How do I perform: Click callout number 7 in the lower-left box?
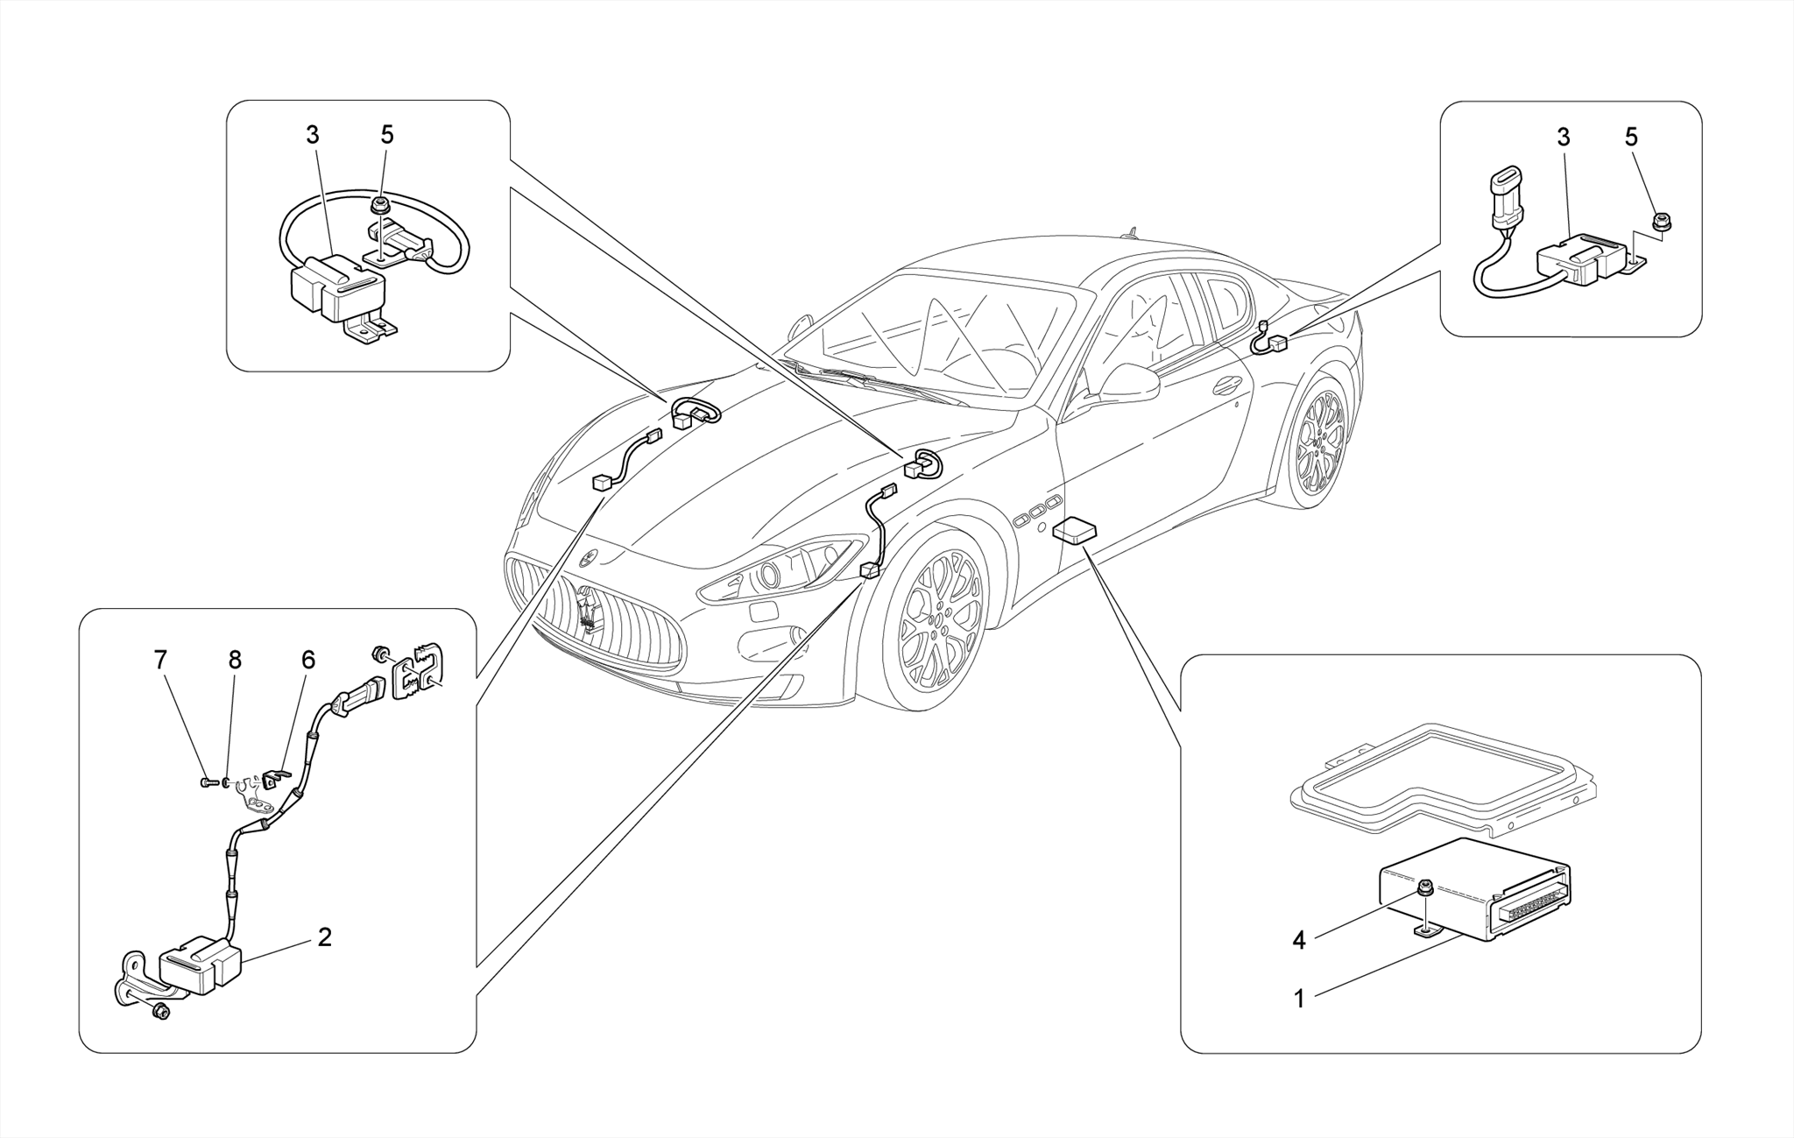(160, 661)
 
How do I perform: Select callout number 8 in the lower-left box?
(235, 661)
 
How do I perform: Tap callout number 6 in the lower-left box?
(308, 661)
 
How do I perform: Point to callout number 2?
(325, 937)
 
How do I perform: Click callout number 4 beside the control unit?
(1299, 941)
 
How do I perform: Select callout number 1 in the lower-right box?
(1299, 999)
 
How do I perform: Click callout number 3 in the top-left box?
(313, 136)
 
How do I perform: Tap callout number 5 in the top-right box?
(1631, 138)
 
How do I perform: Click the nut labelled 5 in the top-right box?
(1659, 221)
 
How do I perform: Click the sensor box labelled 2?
(200, 967)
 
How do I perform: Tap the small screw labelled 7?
(207, 781)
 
